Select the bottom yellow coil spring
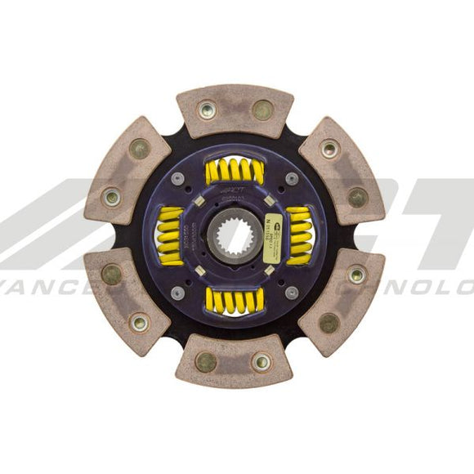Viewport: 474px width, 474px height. point(235,300)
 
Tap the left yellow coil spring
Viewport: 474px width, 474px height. point(171,236)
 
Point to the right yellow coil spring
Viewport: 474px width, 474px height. point(299,236)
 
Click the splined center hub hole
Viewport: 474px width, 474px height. point(235,237)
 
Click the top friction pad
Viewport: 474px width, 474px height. point(235,110)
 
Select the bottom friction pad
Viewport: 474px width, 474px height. point(234,360)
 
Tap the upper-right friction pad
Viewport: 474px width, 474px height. point(342,172)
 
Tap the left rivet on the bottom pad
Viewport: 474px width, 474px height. point(206,362)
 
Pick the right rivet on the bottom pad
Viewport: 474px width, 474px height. point(262,361)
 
